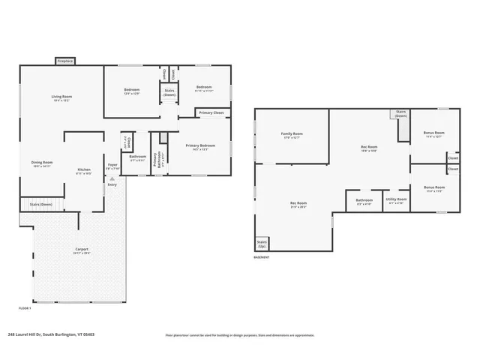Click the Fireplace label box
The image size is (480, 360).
click(x=64, y=61)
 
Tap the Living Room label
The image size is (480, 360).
click(x=61, y=97)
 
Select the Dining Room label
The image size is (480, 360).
click(x=42, y=163)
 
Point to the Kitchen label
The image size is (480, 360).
click(x=84, y=169)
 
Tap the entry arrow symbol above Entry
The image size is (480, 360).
click(x=112, y=178)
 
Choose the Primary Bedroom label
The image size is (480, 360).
click(x=200, y=145)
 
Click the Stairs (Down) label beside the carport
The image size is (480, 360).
click(x=40, y=204)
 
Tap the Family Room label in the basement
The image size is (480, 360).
click(x=292, y=133)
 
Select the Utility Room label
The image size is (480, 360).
click(x=395, y=199)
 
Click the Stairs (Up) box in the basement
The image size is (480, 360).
click(x=262, y=244)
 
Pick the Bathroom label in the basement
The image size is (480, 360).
click(x=364, y=199)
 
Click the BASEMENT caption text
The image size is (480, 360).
click(x=262, y=257)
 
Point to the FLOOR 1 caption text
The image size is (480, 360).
click(x=25, y=308)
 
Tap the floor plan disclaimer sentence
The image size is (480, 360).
click(x=239, y=335)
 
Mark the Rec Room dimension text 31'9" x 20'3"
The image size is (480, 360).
click(x=299, y=206)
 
